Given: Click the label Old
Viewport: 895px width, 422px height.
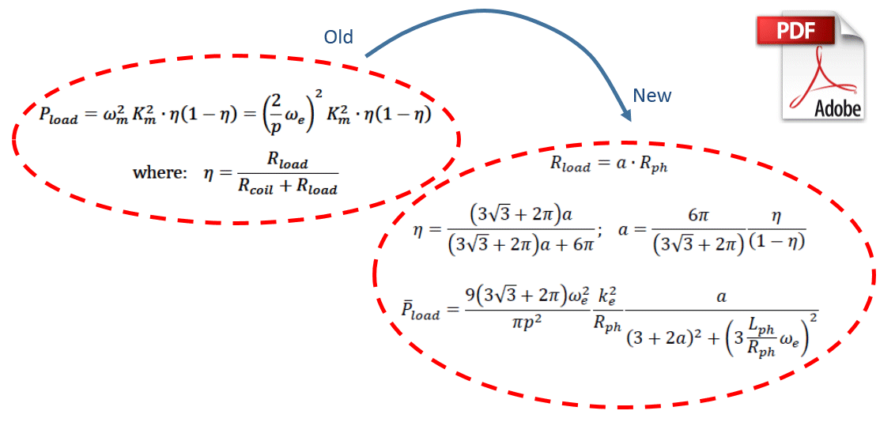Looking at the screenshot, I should click(338, 37).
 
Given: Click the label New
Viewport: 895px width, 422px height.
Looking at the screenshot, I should click(651, 96).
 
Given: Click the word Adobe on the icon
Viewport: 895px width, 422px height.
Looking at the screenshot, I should click(837, 108).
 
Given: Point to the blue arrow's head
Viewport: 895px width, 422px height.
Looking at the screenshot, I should click(625, 114).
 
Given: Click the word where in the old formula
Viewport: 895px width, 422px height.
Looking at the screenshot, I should click(160, 173).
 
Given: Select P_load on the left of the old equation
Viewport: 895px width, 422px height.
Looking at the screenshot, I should click(59, 115).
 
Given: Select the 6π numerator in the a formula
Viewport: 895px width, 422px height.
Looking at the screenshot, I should click(699, 214).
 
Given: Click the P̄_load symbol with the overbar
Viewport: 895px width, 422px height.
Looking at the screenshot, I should click(420, 310).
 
